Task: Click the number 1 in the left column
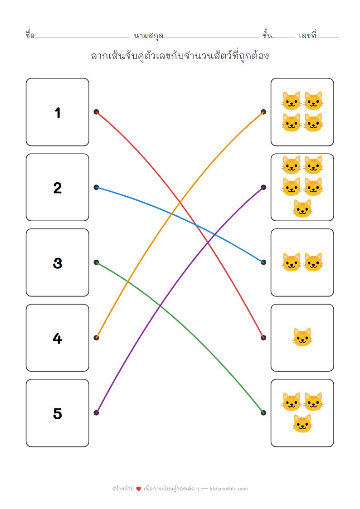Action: click(58, 112)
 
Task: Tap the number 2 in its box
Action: click(58, 188)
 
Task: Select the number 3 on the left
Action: click(58, 263)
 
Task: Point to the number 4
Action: click(58, 338)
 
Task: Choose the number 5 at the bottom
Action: click(58, 413)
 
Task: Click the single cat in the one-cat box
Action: click(302, 338)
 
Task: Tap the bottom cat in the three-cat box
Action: click(302, 423)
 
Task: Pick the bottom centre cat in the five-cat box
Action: click(302, 208)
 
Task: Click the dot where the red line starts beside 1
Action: click(96, 111)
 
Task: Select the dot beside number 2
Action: click(96, 187)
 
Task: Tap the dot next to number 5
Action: click(96, 412)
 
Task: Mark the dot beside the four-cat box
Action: click(263, 111)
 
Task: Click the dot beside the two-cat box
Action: click(263, 262)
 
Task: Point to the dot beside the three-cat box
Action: click(263, 412)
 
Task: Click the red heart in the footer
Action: click(139, 489)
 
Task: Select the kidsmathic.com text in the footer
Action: click(229, 489)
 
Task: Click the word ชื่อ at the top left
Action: click(30, 35)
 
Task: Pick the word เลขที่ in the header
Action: click(307, 35)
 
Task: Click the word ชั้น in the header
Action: click(267, 35)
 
